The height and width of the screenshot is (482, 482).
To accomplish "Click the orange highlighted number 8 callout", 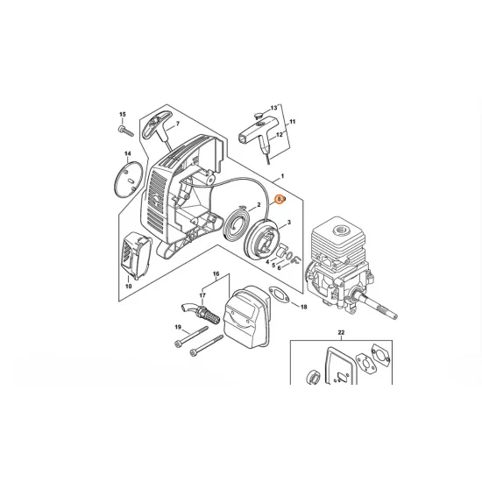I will pos(280,199).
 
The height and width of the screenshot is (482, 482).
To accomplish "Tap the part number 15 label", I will pos(123,115).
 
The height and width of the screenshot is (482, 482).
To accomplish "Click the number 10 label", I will pos(128,286).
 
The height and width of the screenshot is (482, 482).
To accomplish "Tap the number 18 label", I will pos(303,308).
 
